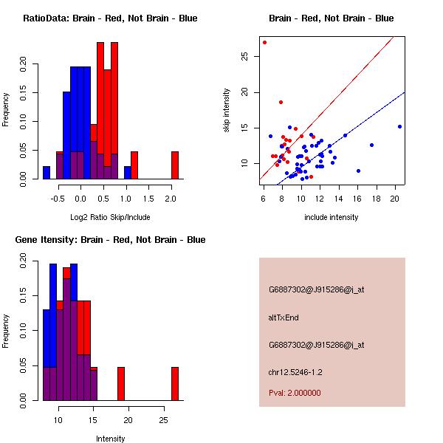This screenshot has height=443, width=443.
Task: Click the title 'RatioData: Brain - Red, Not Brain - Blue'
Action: pyautogui.click(x=110, y=18)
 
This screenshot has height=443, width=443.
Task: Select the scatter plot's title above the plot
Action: pyautogui.click(x=332, y=18)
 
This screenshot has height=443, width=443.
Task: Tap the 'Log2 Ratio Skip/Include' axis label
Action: pyautogui.click(x=110, y=217)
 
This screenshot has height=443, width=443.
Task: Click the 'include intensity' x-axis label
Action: pyautogui.click(x=332, y=217)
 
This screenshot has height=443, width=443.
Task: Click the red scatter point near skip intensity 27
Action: pyautogui.click(x=264, y=42)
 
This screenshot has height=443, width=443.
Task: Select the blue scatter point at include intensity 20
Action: pyautogui.click(x=399, y=126)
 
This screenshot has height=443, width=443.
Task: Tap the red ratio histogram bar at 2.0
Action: pyautogui.click(x=175, y=165)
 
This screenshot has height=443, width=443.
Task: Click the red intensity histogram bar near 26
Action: pyautogui.click(x=175, y=383)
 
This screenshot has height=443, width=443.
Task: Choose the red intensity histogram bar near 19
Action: pyautogui.click(x=121, y=383)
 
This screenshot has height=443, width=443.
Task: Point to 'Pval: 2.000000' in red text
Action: pyautogui.click(x=295, y=393)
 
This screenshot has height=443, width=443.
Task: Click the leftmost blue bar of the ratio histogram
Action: pyautogui.click(x=47, y=172)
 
